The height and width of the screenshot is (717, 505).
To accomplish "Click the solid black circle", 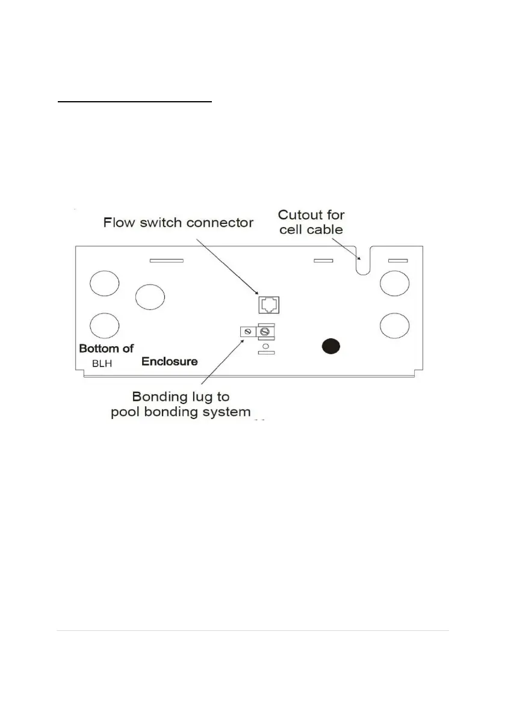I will pos(330,346).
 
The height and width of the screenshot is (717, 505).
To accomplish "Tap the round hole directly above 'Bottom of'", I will pos(104,326).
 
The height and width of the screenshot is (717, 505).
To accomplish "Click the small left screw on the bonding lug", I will pos(246,332).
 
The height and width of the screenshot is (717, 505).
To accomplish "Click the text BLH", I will pos(102,364).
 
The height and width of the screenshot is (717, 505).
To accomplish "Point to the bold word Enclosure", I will pos(170,362).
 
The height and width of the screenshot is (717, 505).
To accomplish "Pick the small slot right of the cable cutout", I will pos(397,261).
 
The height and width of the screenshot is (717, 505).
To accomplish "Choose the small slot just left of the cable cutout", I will pos(324,261).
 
